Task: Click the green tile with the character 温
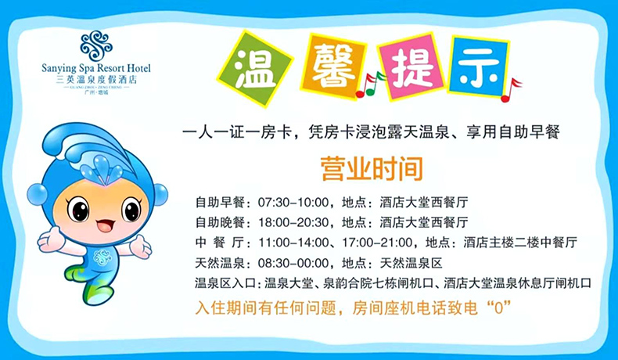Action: pyautogui.click(x=255, y=69)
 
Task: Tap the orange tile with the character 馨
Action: pyautogui.click(x=333, y=66)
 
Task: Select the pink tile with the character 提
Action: pyautogui.click(x=411, y=66)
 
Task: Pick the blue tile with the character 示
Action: pyautogui.click(x=478, y=67)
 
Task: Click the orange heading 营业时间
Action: pyautogui.click(x=372, y=169)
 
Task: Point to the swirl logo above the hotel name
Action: pyautogui.click(x=96, y=46)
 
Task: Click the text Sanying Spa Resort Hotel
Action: pyautogui.click(x=96, y=68)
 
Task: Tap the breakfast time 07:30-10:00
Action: pyautogui.click(x=293, y=203)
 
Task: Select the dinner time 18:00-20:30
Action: pyautogui.click(x=293, y=222)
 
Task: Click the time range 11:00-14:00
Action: pyautogui.click(x=293, y=243)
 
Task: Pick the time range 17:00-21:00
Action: pyautogui.click(x=377, y=243)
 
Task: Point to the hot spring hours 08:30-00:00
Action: pyautogui.click(x=293, y=263)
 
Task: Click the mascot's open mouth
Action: pyautogui.click(x=106, y=225)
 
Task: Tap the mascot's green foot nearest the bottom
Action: pyautogui.click(x=97, y=294)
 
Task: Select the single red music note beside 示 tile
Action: pyautogui.click(x=510, y=90)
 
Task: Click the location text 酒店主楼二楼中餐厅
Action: pyautogui.click(x=520, y=243)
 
